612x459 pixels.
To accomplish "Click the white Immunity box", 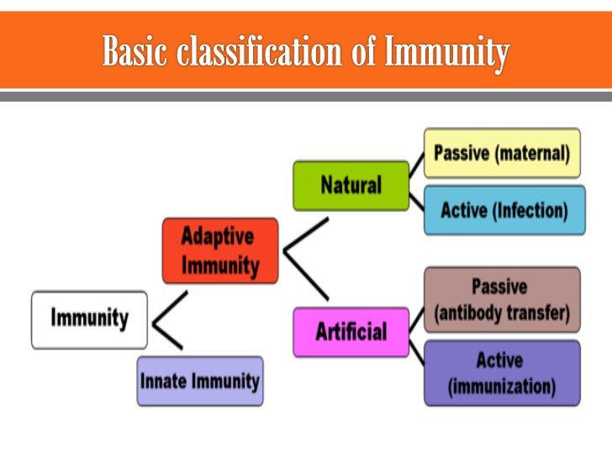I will [x=89, y=319].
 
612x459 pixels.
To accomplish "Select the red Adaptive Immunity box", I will [x=219, y=251].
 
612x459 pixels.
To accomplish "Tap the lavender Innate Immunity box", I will [x=200, y=381].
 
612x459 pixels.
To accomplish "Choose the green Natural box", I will [x=351, y=185].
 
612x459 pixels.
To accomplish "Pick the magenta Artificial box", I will [x=351, y=332].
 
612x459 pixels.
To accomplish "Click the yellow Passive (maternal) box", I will [x=502, y=153].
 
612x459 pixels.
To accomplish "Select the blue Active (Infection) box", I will [x=504, y=210].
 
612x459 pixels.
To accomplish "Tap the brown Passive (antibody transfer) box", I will [x=502, y=300].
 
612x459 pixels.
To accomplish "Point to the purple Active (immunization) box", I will [x=502, y=373].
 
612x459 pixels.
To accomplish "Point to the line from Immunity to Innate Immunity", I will [x=167, y=335].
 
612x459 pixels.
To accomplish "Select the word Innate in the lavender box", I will [x=164, y=381].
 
